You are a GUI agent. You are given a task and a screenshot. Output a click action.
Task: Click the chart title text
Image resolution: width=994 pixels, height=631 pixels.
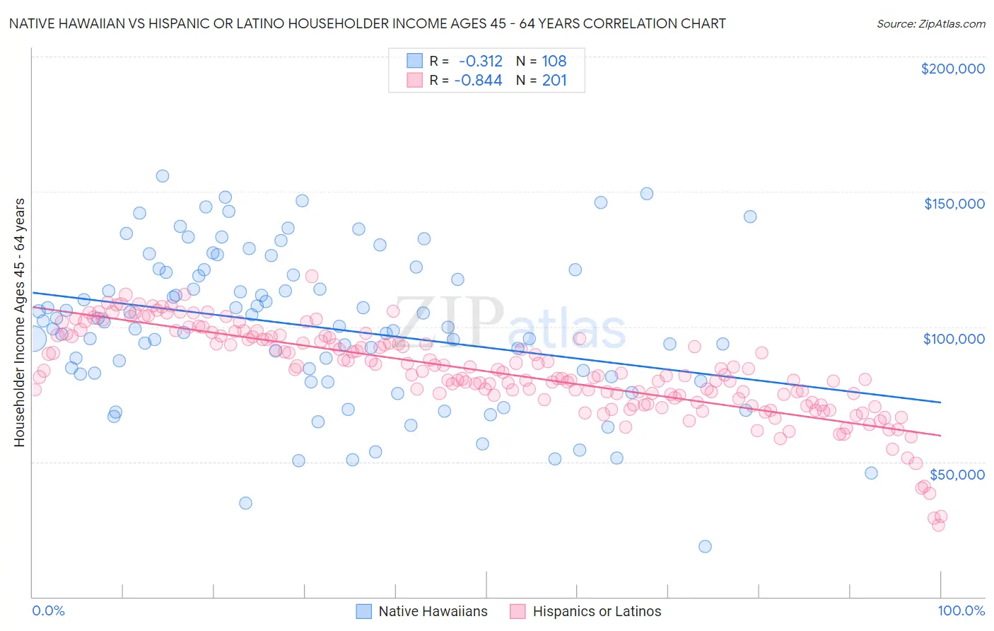pyautogui.click(x=367, y=23)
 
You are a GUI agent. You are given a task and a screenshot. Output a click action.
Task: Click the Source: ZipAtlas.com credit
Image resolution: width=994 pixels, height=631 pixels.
pyautogui.click(x=930, y=23)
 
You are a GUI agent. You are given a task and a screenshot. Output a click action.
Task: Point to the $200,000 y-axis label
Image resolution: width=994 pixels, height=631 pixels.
pyautogui.click(x=952, y=69)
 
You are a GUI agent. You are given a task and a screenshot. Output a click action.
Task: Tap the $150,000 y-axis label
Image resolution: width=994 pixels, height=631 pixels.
pyautogui.click(x=954, y=204)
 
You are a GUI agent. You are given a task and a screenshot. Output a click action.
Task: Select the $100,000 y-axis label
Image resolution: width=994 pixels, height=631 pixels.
pyautogui.click(x=954, y=339)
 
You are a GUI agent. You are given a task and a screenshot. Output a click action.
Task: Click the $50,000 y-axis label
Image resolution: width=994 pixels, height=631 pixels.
pyautogui.click(x=957, y=474)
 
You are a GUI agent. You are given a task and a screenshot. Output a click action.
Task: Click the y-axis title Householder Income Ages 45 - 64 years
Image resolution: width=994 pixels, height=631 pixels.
pyautogui.click(x=19, y=323)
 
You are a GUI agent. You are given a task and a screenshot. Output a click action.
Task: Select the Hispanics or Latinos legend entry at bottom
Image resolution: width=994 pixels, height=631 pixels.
pyautogui.click(x=585, y=612)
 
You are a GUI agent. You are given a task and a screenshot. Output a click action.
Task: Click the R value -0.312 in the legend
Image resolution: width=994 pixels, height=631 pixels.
pyautogui.click(x=481, y=62)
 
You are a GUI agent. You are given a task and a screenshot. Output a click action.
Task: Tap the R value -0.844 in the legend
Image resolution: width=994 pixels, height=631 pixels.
pyautogui.click(x=478, y=81)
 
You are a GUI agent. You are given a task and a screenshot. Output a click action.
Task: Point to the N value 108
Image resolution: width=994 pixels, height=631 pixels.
pyautogui.click(x=554, y=62)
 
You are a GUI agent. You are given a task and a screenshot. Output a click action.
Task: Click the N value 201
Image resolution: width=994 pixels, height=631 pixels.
pyautogui.click(x=554, y=81)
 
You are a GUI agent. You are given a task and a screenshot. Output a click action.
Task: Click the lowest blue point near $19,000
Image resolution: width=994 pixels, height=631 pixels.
pyautogui.click(x=705, y=546)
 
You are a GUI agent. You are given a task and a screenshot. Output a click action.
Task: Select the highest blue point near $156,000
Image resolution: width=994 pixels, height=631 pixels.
pyautogui.click(x=163, y=176)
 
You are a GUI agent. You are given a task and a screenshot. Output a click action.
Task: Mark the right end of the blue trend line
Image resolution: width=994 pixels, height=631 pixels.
pyautogui.click(x=940, y=402)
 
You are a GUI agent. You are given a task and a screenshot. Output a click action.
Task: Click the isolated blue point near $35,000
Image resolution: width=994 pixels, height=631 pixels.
pyautogui.click(x=245, y=503)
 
